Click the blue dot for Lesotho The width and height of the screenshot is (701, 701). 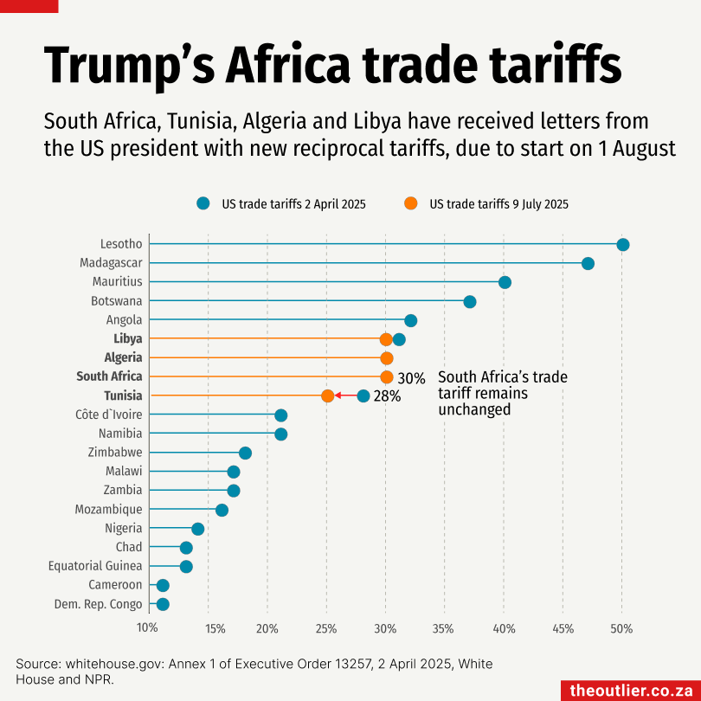pyautogui.click(x=622, y=245)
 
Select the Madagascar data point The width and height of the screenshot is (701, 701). pyautogui.click(x=588, y=264)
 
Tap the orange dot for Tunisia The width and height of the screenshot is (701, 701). pyautogui.click(x=327, y=396)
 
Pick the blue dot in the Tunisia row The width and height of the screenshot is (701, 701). pyautogui.click(x=363, y=396)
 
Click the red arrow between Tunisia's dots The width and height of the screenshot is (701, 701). pyautogui.click(x=345, y=396)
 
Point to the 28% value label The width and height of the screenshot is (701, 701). pyautogui.click(x=387, y=397)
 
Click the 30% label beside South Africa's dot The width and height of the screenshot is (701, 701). pyautogui.click(x=411, y=378)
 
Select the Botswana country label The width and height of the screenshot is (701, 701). pyautogui.click(x=117, y=301)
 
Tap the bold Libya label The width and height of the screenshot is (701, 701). pyautogui.click(x=127, y=338)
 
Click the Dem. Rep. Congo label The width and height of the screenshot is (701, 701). pyautogui.click(x=98, y=604)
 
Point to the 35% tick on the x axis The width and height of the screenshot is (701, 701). pyautogui.click(x=443, y=627)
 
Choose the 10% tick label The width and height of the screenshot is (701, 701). pyautogui.click(x=148, y=627)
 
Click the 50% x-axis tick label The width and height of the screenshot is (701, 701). pyautogui.click(x=621, y=627)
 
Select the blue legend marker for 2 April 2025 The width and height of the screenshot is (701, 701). pyautogui.click(x=203, y=203)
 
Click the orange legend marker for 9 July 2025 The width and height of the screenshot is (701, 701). pyautogui.click(x=410, y=203)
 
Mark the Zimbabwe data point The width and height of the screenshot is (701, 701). pyautogui.click(x=245, y=453)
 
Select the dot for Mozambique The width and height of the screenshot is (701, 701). pyautogui.click(x=222, y=510)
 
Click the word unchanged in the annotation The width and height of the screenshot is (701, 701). pyautogui.click(x=474, y=410)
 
